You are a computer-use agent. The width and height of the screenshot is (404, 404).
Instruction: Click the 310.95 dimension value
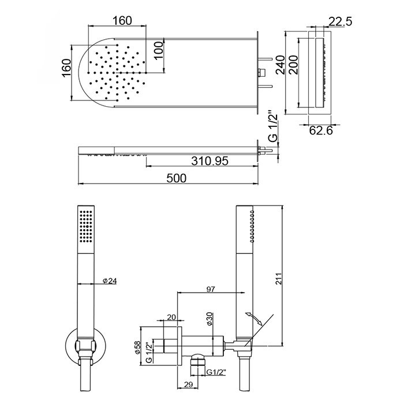tap(210, 161)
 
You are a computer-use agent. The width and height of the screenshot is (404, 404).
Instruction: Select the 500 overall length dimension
tap(176, 178)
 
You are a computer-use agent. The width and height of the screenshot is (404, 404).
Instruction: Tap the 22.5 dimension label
tap(340, 21)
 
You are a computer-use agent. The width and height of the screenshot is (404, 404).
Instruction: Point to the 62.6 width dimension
tap(321, 130)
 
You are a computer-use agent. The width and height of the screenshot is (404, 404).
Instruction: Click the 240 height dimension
tap(280, 65)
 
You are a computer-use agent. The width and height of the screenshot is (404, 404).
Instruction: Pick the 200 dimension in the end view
tap(293, 65)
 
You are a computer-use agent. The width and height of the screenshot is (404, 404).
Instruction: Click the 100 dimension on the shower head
tap(159, 50)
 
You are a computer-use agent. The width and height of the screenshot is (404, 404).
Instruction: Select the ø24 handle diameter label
tap(110, 280)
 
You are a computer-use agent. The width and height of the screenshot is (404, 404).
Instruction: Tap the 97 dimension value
tap(211, 289)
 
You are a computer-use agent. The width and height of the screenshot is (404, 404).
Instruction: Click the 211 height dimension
tap(279, 279)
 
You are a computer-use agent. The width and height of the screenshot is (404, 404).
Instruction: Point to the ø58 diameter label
tap(137, 347)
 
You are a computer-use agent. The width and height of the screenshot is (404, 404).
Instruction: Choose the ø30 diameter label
tap(209, 319)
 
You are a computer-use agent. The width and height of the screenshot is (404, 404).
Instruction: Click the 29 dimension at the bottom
tap(189, 385)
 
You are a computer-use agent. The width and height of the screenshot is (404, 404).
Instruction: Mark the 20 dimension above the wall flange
tap(171, 317)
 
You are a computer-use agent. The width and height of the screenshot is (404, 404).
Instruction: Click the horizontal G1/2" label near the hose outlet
tap(216, 372)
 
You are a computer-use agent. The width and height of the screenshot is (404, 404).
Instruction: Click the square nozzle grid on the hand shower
tap(86, 226)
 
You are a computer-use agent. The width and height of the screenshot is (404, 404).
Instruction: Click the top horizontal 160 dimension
tap(122, 21)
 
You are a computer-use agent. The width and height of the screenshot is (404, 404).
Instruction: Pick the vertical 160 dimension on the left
tap(66, 68)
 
